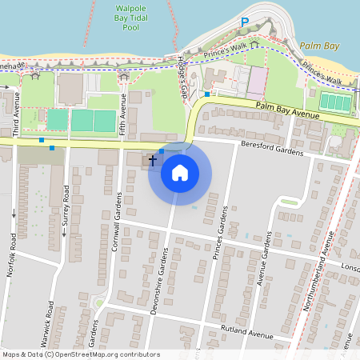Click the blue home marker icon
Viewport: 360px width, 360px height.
(x=180, y=173)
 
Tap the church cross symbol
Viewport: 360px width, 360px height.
(x=152, y=161)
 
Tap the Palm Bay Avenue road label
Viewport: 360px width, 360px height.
(x=288, y=110)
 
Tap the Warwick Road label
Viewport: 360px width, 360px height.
(x=50, y=329)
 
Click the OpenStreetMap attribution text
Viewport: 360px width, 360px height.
(x=81, y=354)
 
